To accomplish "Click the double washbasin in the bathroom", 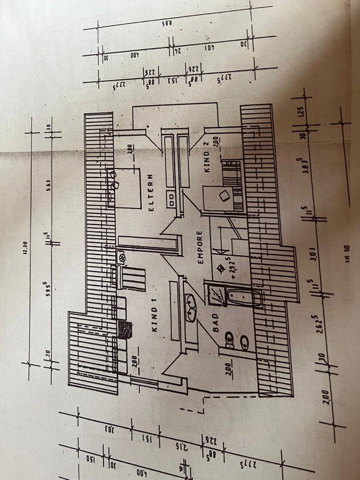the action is [191, 307].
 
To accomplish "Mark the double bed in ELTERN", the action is [123, 187].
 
